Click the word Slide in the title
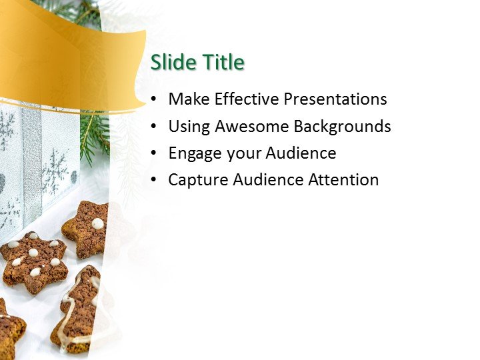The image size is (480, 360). click(x=171, y=63)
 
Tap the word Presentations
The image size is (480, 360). click(x=335, y=99)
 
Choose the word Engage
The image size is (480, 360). click(x=195, y=153)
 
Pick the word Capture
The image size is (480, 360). click(x=195, y=180)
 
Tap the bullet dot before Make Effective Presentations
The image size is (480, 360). click(x=155, y=100)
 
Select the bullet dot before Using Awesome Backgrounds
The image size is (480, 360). click(x=155, y=127)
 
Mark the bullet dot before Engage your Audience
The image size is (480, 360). click(x=155, y=153)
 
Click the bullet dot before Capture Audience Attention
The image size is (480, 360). click(x=155, y=180)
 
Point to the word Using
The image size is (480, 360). click(x=189, y=127)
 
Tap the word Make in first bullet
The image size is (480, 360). click(x=187, y=99)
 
